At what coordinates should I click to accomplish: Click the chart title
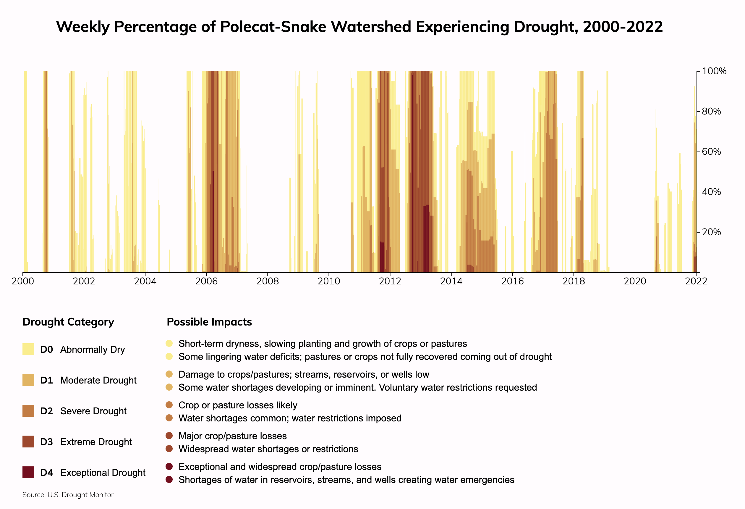click(359, 27)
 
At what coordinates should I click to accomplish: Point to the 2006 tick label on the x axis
click(206, 281)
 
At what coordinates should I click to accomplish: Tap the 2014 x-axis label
click(451, 281)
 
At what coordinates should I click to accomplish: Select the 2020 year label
click(635, 281)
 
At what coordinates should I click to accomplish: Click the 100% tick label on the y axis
click(714, 71)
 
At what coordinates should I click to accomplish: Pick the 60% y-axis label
click(711, 152)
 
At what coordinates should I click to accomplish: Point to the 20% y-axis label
click(711, 232)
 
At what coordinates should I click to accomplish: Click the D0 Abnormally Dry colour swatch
click(28, 349)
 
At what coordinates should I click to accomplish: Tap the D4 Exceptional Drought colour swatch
click(28, 472)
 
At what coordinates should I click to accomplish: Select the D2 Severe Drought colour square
click(28, 411)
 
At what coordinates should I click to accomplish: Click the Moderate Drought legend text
click(98, 380)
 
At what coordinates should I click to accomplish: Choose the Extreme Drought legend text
click(96, 442)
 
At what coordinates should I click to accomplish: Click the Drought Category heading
click(68, 322)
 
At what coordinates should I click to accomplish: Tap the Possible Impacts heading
click(209, 322)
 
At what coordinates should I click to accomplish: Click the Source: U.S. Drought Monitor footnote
click(68, 495)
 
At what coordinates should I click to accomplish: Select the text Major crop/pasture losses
click(232, 436)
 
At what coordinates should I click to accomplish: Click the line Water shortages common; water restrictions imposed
click(290, 418)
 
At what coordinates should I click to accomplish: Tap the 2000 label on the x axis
click(23, 281)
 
